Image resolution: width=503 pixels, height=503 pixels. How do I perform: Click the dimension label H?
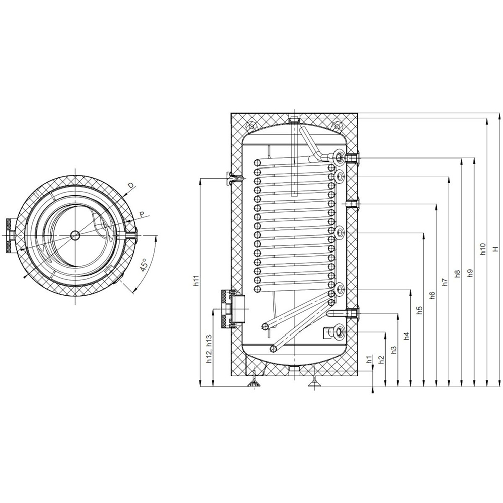coord(495,249)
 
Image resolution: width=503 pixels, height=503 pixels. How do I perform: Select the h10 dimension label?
coord(482,249)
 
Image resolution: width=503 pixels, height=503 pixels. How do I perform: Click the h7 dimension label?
coord(444,282)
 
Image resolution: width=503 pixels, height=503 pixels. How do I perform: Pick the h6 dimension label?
coord(432,296)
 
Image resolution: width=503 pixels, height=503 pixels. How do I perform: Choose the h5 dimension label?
coord(419,310)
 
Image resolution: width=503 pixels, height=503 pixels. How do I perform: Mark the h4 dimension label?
coord(406,334)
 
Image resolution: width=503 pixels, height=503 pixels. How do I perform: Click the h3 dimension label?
coord(394,348)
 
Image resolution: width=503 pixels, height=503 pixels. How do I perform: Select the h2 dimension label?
coord(381,359)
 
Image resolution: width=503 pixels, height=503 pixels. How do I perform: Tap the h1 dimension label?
coord(369,359)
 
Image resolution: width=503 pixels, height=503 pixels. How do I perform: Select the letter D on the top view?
coord(130,186)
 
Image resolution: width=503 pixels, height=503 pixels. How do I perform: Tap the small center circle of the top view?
coord(75,235)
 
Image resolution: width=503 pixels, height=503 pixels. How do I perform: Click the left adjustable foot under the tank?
coord(253,383)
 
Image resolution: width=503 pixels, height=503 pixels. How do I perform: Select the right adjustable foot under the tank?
coord(315,383)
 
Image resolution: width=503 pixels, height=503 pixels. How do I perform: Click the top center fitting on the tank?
coord(294,120)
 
